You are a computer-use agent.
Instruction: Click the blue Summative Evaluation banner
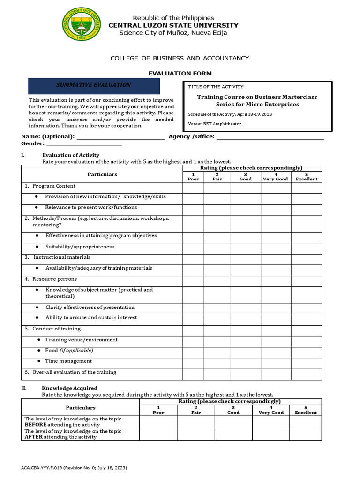click(x=94, y=86)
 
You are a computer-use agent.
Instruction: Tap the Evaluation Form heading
click(x=180, y=74)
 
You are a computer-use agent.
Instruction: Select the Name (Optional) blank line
click(x=120, y=137)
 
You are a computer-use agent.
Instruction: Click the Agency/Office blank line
click(x=270, y=137)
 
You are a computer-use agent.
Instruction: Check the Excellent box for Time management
click(x=307, y=361)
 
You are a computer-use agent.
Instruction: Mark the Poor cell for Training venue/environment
click(x=193, y=340)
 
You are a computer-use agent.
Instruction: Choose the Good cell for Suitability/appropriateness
click(x=246, y=247)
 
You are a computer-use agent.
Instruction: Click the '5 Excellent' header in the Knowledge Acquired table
click(x=306, y=410)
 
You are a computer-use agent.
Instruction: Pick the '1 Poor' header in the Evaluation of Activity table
click(x=193, y=177)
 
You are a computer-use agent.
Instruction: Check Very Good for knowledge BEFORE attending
click(x=271, y=422)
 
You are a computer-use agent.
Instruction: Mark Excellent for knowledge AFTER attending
click(x=306, y=434)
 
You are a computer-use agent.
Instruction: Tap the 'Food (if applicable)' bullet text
click(x=69, y=351)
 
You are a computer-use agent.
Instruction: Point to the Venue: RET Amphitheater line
click(x=214, y=124)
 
